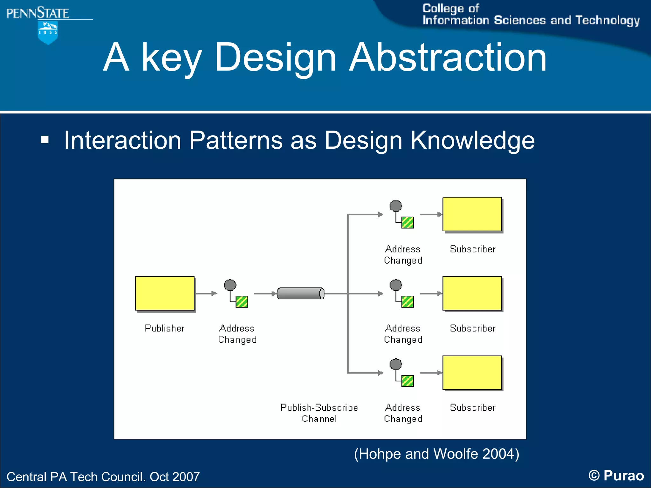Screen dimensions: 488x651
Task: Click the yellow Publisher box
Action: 165,293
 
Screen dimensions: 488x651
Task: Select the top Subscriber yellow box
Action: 472,214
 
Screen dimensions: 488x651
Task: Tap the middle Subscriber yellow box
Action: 472,293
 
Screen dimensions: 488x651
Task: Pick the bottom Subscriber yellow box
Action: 472,373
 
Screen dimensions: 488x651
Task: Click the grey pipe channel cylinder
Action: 300,293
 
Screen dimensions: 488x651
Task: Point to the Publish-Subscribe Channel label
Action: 319,413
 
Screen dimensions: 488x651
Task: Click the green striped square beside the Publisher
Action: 242,302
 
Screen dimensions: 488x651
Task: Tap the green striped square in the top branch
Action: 408,223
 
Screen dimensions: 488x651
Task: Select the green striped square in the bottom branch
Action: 408,381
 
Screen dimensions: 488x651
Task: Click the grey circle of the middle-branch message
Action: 396,285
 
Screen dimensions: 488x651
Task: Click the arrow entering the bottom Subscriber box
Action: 431,373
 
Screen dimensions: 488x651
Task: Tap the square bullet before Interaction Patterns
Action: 45,140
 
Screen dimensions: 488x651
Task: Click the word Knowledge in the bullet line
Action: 472,140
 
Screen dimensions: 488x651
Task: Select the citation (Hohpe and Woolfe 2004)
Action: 436,454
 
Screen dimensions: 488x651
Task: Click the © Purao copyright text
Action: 616,476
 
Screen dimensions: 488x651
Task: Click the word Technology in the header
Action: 607,20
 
